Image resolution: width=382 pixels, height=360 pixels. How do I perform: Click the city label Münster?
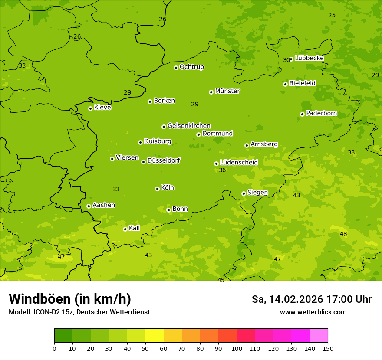pos(227,91)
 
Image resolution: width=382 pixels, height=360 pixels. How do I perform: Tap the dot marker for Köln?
pos(157,189)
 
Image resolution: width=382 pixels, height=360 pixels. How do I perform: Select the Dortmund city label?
pos(217,134)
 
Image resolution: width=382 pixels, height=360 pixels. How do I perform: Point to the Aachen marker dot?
pos(89,206)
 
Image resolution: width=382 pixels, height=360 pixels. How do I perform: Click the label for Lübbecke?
pos(309,58)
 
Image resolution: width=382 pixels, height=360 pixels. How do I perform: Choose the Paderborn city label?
pos(321,113)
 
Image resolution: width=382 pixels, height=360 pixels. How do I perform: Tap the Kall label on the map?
pos(135,228)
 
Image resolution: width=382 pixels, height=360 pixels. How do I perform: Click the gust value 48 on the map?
pos(343,234)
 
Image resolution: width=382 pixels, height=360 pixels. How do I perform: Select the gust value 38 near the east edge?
pos(351,152)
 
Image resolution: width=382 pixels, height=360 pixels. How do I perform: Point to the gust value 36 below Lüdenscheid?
pos(222,170)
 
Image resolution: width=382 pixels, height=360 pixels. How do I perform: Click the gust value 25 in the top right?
pos(332,15)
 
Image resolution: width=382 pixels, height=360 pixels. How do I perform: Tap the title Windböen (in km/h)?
pos(70,299)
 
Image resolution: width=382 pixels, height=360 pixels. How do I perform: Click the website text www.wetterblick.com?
pos(313,312)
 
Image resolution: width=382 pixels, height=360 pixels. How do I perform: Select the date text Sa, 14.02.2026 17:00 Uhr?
pos(311,299)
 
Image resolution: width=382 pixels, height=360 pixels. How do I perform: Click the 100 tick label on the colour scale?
pos(237,348)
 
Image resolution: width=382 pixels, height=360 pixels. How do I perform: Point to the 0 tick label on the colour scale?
pos(54,348)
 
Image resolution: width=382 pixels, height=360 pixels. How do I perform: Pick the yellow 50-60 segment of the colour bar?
pos(155,336)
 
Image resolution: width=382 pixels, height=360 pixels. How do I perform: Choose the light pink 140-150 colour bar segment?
pos(319,336)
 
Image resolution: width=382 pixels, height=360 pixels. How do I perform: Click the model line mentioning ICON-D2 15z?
pos(79,312)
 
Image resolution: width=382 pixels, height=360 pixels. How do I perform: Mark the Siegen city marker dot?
pos(244,193)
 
